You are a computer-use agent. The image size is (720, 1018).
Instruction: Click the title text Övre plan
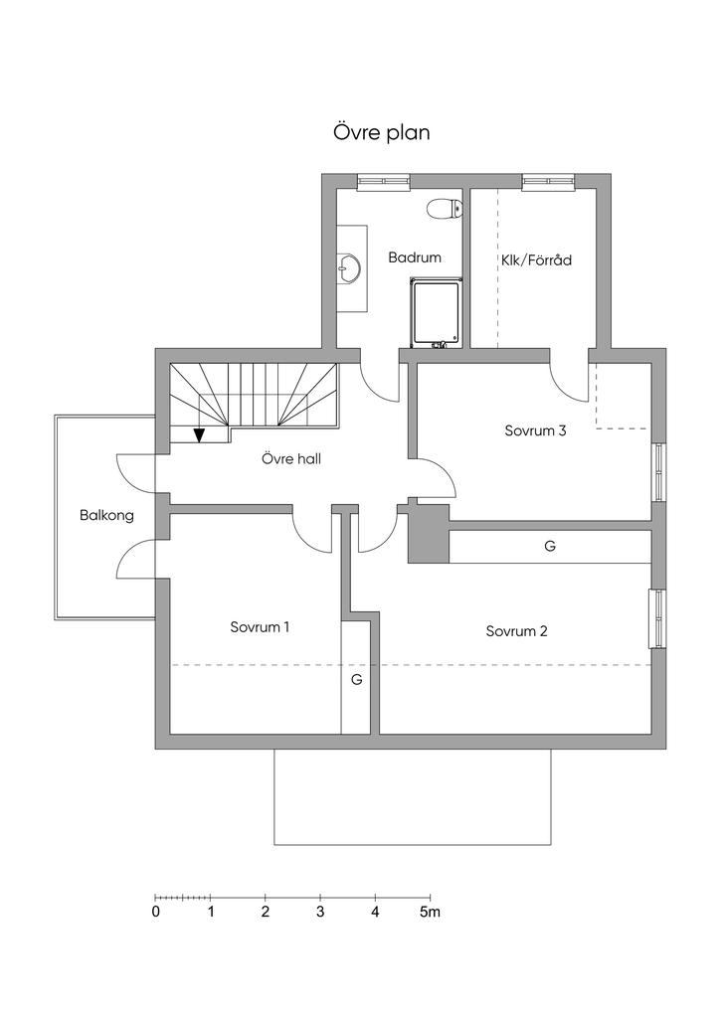(382, 132)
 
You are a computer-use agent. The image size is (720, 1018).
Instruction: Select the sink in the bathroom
(349, 266)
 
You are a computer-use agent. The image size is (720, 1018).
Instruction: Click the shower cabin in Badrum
(436, 312)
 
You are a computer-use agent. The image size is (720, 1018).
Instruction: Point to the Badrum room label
(415, 257)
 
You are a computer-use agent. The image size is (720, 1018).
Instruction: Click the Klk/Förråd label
(537, 260)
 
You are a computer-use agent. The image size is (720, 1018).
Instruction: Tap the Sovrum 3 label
(535, 431)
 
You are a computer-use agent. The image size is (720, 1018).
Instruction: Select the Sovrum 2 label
(517, 631)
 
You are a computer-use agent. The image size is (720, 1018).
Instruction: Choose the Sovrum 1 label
(260, 627)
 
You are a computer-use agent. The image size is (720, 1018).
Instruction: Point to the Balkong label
(106, 516)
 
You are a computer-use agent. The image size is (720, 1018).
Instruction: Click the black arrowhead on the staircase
(199, 434)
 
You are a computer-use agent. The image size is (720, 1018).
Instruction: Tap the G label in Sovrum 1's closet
(355, 680)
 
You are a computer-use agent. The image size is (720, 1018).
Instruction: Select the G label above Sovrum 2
(550, 546)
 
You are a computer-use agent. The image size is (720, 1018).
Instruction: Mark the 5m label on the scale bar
(430, 912)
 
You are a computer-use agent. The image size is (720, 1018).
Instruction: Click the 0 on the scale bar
(156, 912)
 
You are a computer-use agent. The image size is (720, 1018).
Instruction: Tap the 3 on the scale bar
(320, 912)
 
